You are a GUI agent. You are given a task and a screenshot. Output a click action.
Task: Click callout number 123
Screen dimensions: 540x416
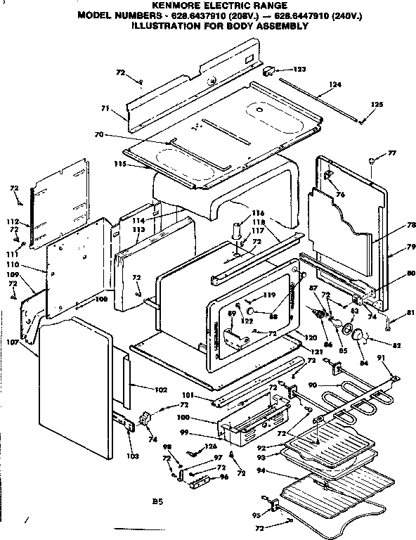[300, 69]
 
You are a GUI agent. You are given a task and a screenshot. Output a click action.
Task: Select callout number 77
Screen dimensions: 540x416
[392, 153]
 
